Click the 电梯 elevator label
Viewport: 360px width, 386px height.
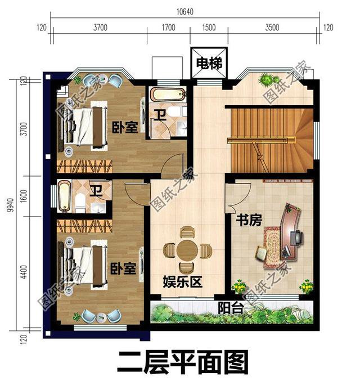208,63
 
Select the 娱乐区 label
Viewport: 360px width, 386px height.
182,281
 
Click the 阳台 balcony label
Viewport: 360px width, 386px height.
230,308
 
